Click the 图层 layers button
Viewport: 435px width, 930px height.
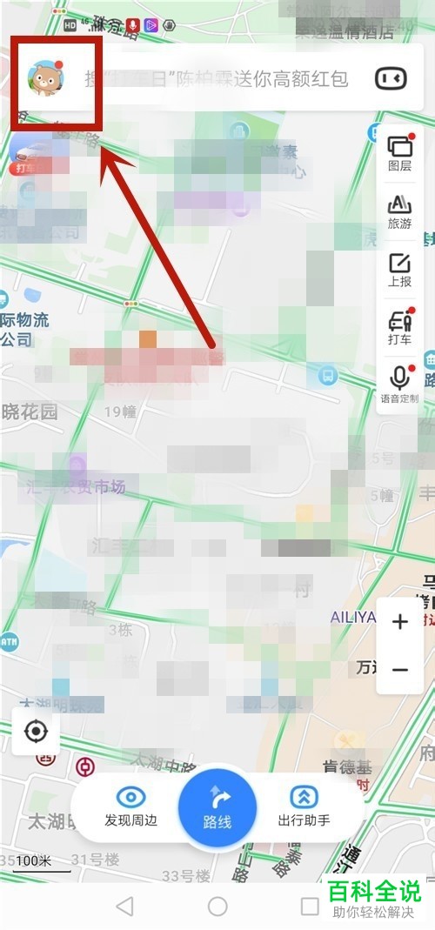click(400, 152)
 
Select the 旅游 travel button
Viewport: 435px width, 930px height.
click(400, 211)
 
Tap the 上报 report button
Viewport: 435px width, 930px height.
click(400, 269)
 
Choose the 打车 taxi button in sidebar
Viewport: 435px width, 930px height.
click(400, 326)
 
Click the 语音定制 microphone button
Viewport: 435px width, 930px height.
click(400, 384)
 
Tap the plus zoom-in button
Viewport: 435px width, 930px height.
click(400, 622)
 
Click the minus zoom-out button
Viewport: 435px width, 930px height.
click(400, 669)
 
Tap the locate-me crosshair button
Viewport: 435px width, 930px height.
click(36, 732)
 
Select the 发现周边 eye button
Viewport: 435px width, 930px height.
click(131, 806)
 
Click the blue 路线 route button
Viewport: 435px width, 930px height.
click(217, 808)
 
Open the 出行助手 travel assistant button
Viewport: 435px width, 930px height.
click(304, 806)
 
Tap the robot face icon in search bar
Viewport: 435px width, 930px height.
click(391, 79)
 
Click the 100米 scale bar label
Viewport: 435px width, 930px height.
click(33, 861)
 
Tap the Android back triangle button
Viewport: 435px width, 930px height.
click(124, 907)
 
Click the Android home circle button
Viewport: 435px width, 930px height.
click(217, 907)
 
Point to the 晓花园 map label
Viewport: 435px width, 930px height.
click(29, 411)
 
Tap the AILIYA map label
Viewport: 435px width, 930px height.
click(352, 617)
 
